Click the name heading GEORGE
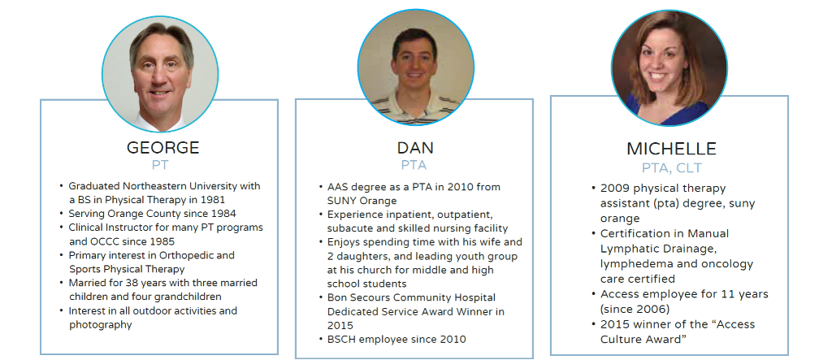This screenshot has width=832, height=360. pos(162,147)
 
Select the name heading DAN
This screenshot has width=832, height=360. pos(415,147)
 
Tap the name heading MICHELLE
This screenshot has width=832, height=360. pos(671,149)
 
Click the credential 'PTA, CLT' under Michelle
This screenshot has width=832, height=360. pos(671,168)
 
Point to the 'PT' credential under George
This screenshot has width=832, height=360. pos(160,165)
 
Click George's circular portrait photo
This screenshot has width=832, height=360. pos(160,74)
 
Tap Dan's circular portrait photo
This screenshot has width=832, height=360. pos(415,67)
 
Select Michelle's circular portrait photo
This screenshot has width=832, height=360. pos(669,68)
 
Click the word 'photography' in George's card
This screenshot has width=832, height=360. pos(100,324)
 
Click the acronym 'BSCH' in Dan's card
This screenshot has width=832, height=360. pos(342,339)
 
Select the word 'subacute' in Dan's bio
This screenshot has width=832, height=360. pos(348,228)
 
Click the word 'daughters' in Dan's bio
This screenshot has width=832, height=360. pos(360,256)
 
